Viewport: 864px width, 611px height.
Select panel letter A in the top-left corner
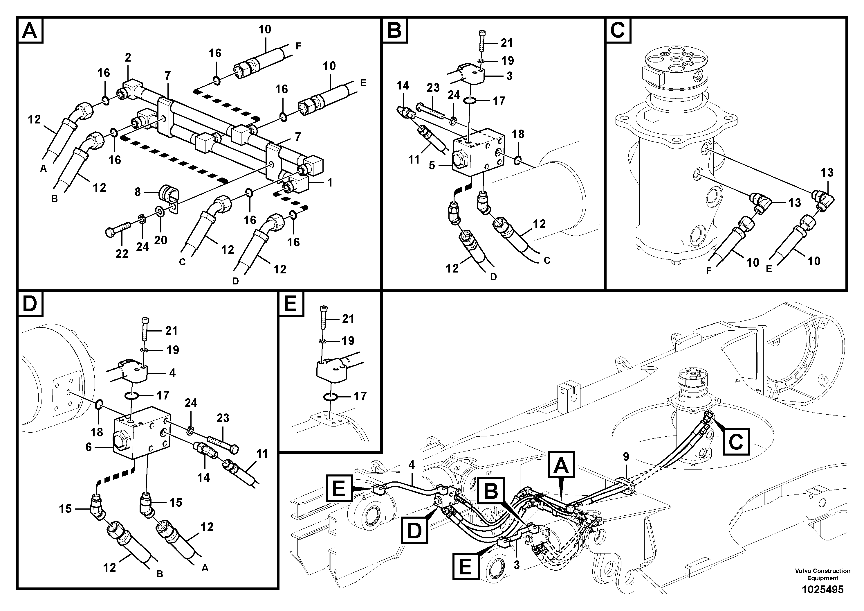tap(30, 31)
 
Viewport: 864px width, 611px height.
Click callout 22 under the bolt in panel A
tap(122, 254)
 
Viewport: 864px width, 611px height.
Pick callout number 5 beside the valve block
tap(432, 165)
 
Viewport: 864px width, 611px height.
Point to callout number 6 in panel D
tap(89, 447)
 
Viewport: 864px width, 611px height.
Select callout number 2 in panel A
tap(128, 58)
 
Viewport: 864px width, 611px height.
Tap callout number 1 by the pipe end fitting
tap(330, 183)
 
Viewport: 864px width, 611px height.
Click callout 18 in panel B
tap(518, 134)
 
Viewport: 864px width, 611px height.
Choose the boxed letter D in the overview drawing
tap(414, 531)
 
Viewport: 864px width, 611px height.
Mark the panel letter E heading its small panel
tap(291, 303)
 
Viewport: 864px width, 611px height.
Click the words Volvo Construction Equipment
tap(822, 574)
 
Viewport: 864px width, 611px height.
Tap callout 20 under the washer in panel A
tap(161, 240)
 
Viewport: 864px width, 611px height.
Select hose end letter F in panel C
tap(709, 271)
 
